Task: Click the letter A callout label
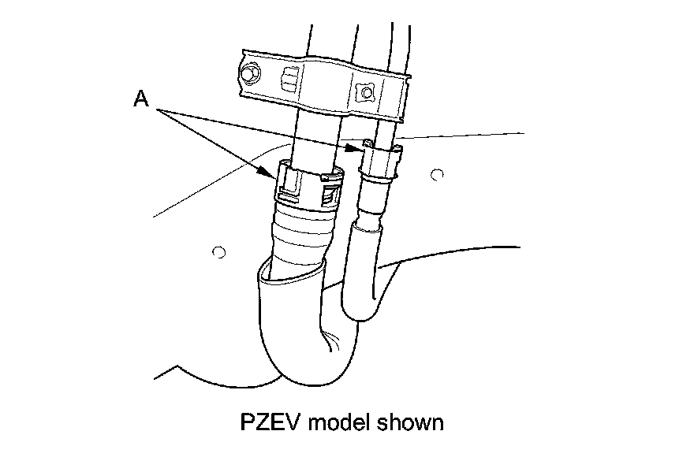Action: tap(140, 98)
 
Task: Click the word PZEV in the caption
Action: tap(271, 422)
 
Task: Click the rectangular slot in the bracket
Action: tap(290, 80)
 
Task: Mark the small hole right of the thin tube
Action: tap(440, 173)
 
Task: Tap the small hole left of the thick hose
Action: tap(220, 252)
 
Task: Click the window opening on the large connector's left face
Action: tap(289, 184)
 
